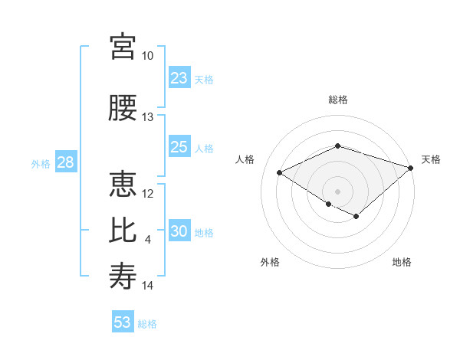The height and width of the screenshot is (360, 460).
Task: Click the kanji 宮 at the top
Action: coord(123,47)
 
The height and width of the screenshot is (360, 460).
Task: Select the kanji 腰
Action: coord(123,108)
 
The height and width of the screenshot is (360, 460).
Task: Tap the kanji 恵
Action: coord(123,184)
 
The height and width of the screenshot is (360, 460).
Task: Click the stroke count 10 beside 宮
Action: coord(148,56)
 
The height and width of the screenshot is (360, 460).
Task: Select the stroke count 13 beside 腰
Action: coord(148,117)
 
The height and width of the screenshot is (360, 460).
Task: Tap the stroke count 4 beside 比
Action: coord(148,240)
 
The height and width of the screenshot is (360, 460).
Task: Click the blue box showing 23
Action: coord(179,78)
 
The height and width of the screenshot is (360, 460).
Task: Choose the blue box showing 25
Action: coord(179,147)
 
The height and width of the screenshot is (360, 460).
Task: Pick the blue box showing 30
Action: coord(179,232)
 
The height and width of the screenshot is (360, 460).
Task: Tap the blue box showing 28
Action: coord(65,162)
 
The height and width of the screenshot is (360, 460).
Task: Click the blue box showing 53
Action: coord(123,322)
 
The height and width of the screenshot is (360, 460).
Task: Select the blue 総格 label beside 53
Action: coord(147,324)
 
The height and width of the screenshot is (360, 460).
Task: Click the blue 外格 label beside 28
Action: coord(41,164)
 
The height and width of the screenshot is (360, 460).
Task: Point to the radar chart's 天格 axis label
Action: coord(431,159)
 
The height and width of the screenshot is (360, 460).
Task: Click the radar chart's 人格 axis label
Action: coord(245,159)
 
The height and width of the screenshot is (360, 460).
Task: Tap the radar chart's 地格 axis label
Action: coord(402,263)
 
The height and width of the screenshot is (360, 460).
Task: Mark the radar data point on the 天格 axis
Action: coord(412,167)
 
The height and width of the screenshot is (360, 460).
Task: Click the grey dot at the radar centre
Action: coord(337,191)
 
